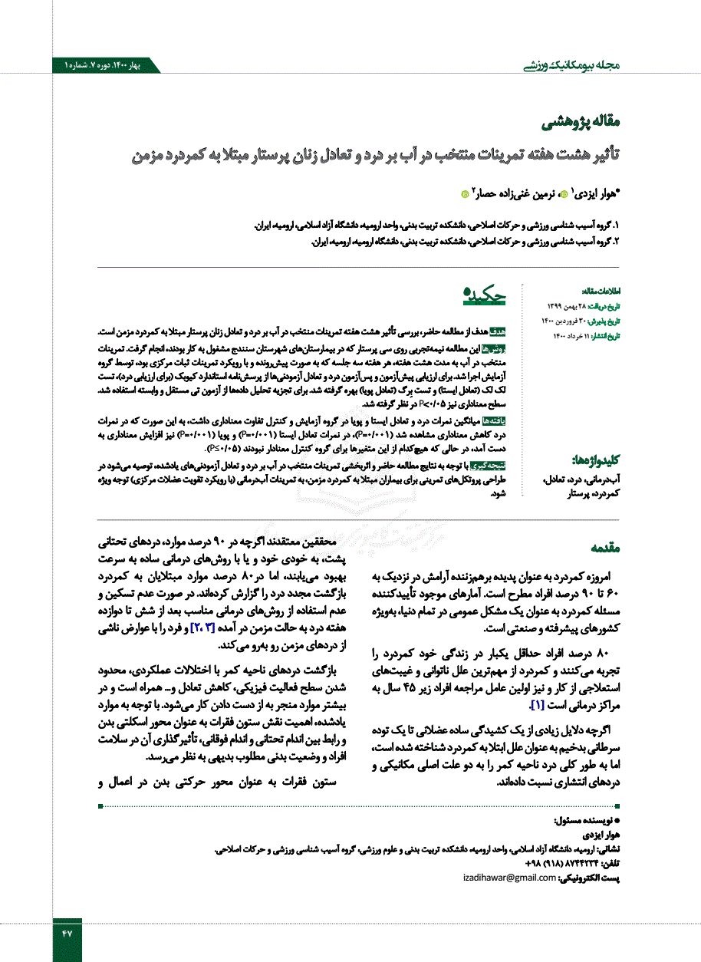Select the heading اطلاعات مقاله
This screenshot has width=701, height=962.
[x=601, y=292]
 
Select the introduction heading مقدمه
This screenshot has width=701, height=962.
[x=606, y=549]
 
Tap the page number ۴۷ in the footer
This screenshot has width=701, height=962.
[x=66, y=934]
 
